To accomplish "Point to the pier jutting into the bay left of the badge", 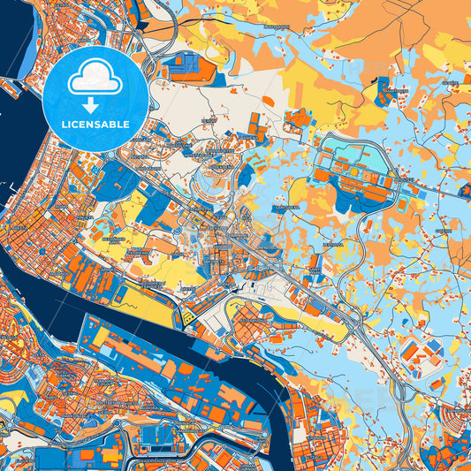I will click(x=12, y=88).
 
